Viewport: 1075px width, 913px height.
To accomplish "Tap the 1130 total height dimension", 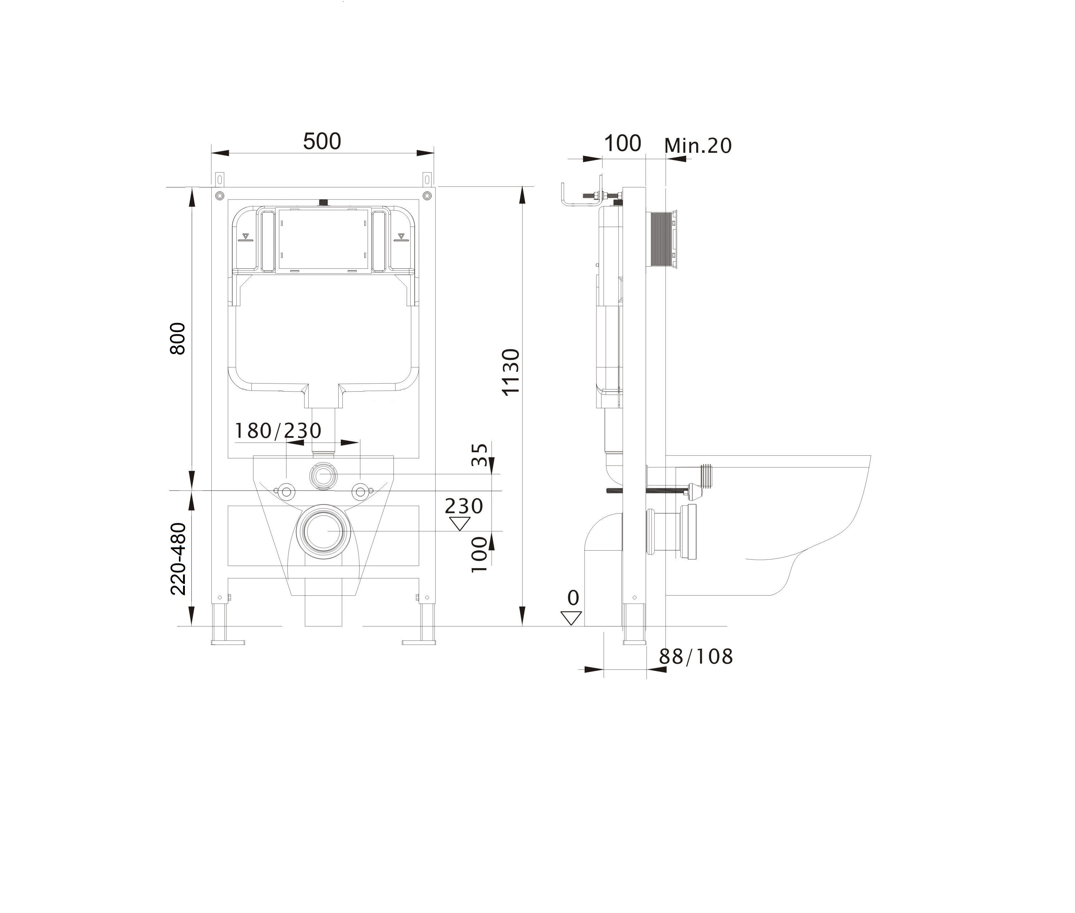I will (511, 372).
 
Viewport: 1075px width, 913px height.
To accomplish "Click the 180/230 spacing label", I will (278, 430).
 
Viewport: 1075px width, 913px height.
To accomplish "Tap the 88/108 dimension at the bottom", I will (696, 657).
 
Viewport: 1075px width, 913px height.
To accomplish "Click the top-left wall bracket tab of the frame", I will (220, 179).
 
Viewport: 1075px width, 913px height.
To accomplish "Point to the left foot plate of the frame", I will (227, 642).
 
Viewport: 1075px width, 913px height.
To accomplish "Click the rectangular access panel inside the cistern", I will (324, 240).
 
